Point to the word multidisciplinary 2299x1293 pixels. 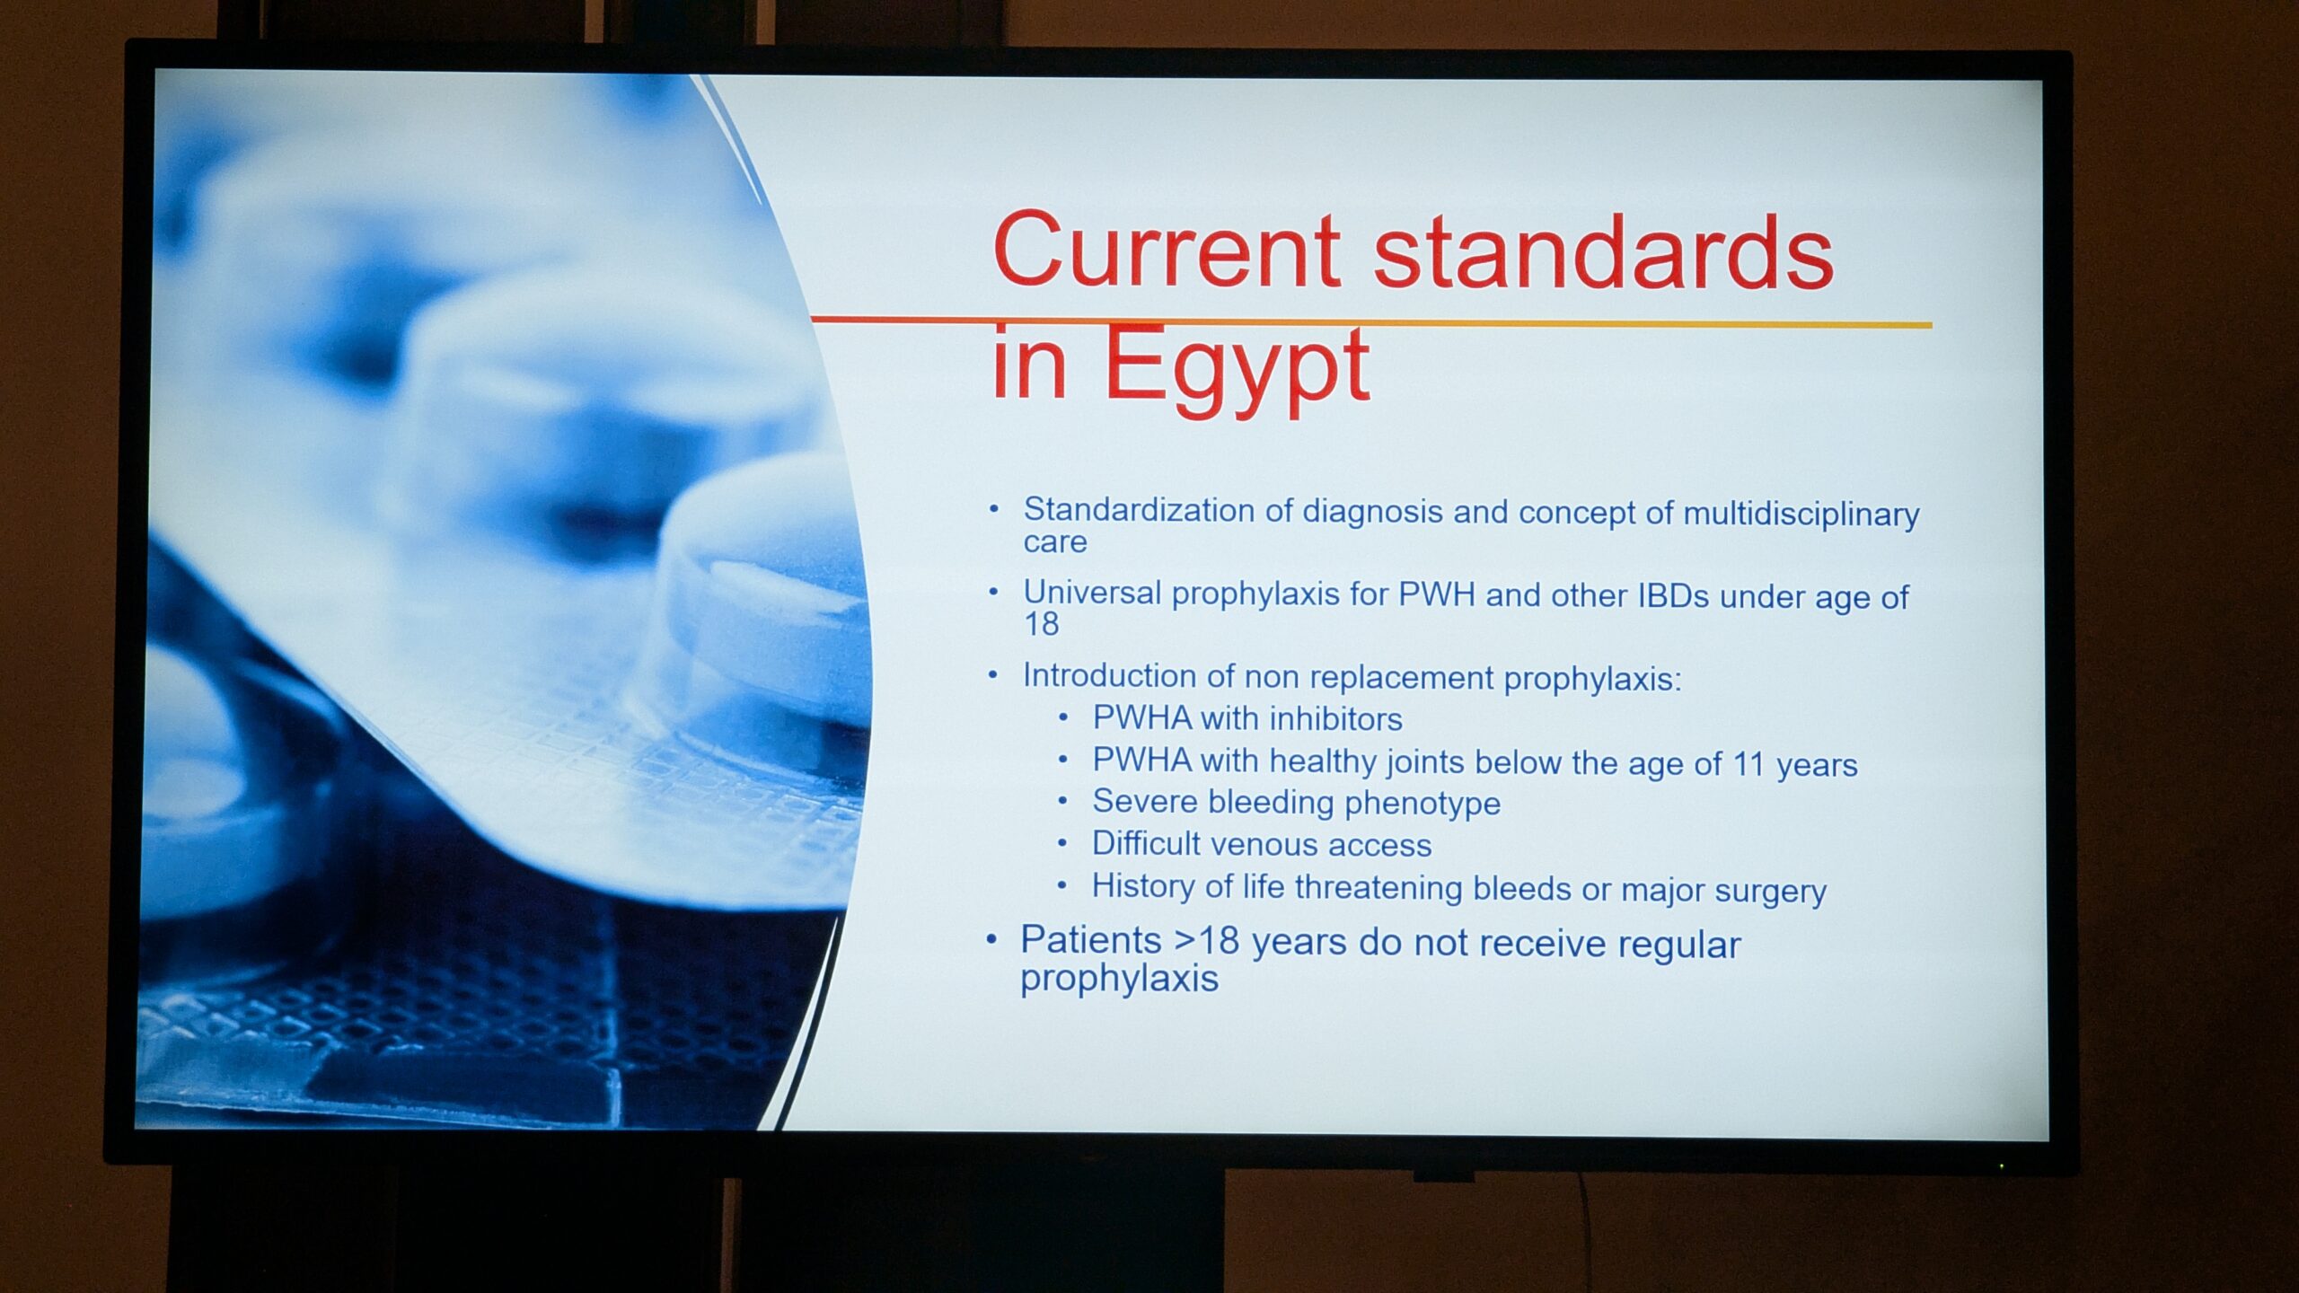pos(1801,515)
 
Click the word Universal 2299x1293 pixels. pos(1092,593)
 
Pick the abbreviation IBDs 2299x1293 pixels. pos(1673,597)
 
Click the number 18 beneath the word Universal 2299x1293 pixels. pos(1042,624)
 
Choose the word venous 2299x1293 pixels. pos(1262,845)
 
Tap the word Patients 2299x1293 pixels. pos(1091,940)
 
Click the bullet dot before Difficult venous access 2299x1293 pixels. pos(1063,844)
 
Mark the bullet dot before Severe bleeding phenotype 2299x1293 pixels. pos(1063,802)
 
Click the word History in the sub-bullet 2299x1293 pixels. pos(1144,886)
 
